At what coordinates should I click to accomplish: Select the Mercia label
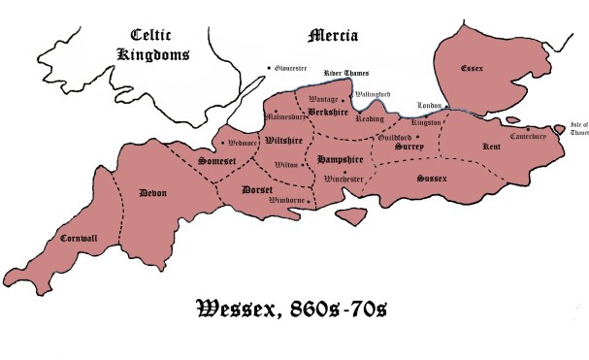[x=333, y=36]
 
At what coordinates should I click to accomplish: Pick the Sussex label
[x=432, y=179]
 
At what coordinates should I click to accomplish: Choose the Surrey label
[x=409, y=146]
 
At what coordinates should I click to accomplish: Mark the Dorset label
[x=258, y=189]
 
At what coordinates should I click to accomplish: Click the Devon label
[x=153, y=192]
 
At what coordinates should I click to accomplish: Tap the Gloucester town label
[x=289, y=69]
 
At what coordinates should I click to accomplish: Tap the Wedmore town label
[x=239, y=142]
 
